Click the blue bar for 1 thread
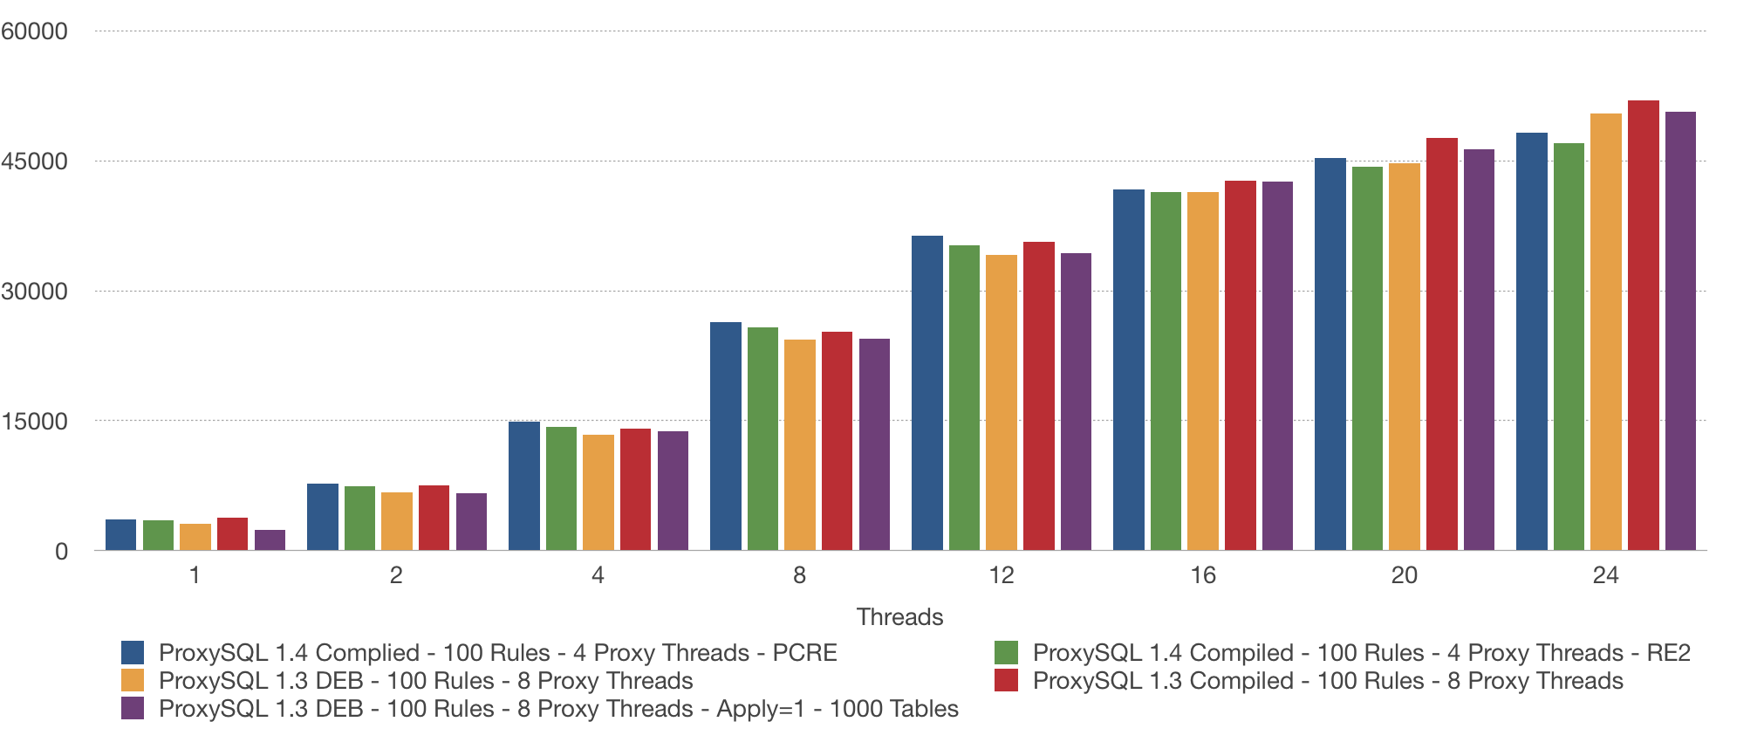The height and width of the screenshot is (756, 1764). [120, 535]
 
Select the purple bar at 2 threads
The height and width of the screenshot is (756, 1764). [471, 522]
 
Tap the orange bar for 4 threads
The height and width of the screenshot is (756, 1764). [598, 492]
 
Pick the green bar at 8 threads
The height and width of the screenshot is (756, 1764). [762, 439]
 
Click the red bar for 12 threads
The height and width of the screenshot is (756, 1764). [1038, 396]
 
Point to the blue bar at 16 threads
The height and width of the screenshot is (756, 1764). [1128, 370]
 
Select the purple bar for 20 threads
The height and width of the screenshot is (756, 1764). [1479, 350]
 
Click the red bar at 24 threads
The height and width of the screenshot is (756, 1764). [1643, 326]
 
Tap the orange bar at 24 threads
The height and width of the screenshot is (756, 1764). [1605, 332]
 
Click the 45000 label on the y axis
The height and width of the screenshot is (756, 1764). [34, 162]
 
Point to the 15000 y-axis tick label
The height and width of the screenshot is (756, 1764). [34, 422]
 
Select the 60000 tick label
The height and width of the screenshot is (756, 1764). [34, 31]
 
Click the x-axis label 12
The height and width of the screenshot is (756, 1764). [1001, 575]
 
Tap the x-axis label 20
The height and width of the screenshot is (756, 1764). [1404, 575]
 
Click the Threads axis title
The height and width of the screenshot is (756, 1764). [899, 617]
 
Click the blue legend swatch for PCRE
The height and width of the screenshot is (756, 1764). [133, 653]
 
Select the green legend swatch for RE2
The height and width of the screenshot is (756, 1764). [1006, 653]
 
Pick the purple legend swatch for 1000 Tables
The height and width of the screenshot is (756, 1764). [133, 709]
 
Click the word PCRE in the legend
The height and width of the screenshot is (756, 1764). [804, 653]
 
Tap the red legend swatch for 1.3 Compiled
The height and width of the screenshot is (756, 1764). [1006, 681]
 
